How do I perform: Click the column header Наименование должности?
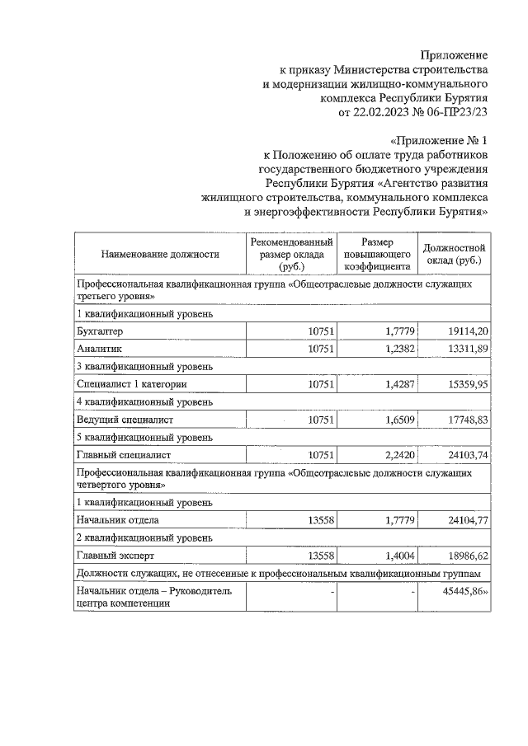point(160,255)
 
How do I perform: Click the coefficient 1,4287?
point(394,384)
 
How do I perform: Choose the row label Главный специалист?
point(124,455)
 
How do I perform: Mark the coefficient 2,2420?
point(394,455)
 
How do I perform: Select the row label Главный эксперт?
point(113,556)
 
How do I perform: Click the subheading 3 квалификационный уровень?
point(144,366)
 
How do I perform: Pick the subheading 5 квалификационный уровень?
point(144,437)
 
